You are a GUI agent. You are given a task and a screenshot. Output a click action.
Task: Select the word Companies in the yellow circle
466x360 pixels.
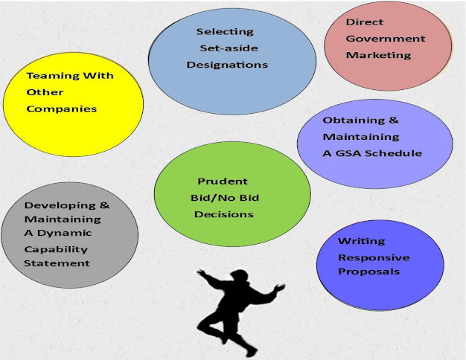click(x=62, y=109)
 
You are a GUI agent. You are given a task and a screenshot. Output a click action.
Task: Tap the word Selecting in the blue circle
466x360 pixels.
click(x=225, y=32)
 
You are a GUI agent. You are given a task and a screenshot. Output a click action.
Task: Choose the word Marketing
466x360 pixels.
click(x=378, y=55)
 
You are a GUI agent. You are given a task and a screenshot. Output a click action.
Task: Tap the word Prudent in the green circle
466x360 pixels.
click(x=223, y=181)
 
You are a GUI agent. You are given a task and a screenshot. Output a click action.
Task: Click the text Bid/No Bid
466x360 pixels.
click(x=224, y=198)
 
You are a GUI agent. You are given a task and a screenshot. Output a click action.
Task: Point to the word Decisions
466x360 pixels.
click(x=224, y=214)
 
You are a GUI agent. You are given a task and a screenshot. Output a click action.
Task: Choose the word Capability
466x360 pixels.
click(x=56, y=248)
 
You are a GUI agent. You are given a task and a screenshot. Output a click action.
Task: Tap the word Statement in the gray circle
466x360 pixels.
click(x=57, y=263)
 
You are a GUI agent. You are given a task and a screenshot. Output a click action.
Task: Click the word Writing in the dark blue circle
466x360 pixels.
click(x=362, y=241)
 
